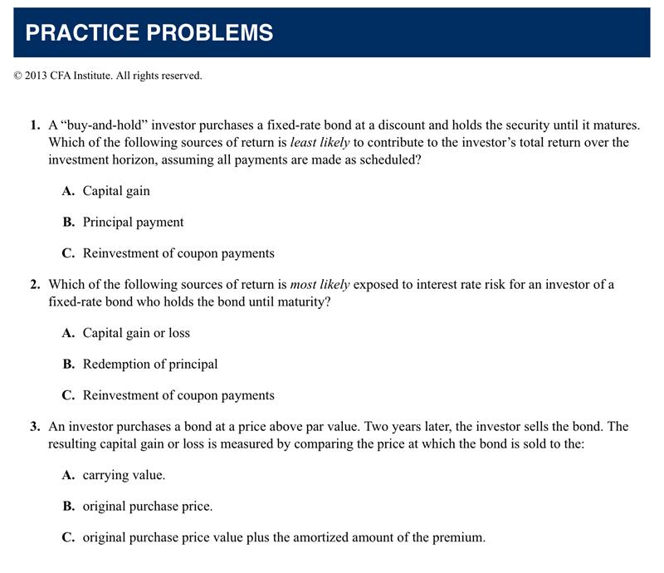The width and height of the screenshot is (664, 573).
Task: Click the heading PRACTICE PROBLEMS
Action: (149, 32)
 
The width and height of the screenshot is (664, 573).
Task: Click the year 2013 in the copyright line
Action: (38, 76)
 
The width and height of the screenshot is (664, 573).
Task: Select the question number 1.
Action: (34, 125)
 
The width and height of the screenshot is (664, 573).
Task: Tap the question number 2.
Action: (34, 285)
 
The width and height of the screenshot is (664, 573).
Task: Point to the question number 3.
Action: (34, 427)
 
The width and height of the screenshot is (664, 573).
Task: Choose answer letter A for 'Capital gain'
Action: (68, 191)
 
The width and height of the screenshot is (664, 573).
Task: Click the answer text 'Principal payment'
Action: (133, 222)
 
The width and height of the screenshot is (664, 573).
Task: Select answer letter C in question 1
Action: (68, 252)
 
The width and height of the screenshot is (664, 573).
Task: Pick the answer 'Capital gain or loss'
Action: (136, 333)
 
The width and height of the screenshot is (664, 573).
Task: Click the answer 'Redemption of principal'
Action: (150, 364)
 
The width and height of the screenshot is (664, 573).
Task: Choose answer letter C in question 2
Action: (68, 395)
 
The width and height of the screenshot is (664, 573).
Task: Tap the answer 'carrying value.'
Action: (124, 475)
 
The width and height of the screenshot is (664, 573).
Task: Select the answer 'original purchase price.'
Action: (148, 506)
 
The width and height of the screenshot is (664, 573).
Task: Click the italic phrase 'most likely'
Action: (320, 285)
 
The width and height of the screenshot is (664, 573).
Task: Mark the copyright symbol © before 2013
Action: (17, 76)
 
